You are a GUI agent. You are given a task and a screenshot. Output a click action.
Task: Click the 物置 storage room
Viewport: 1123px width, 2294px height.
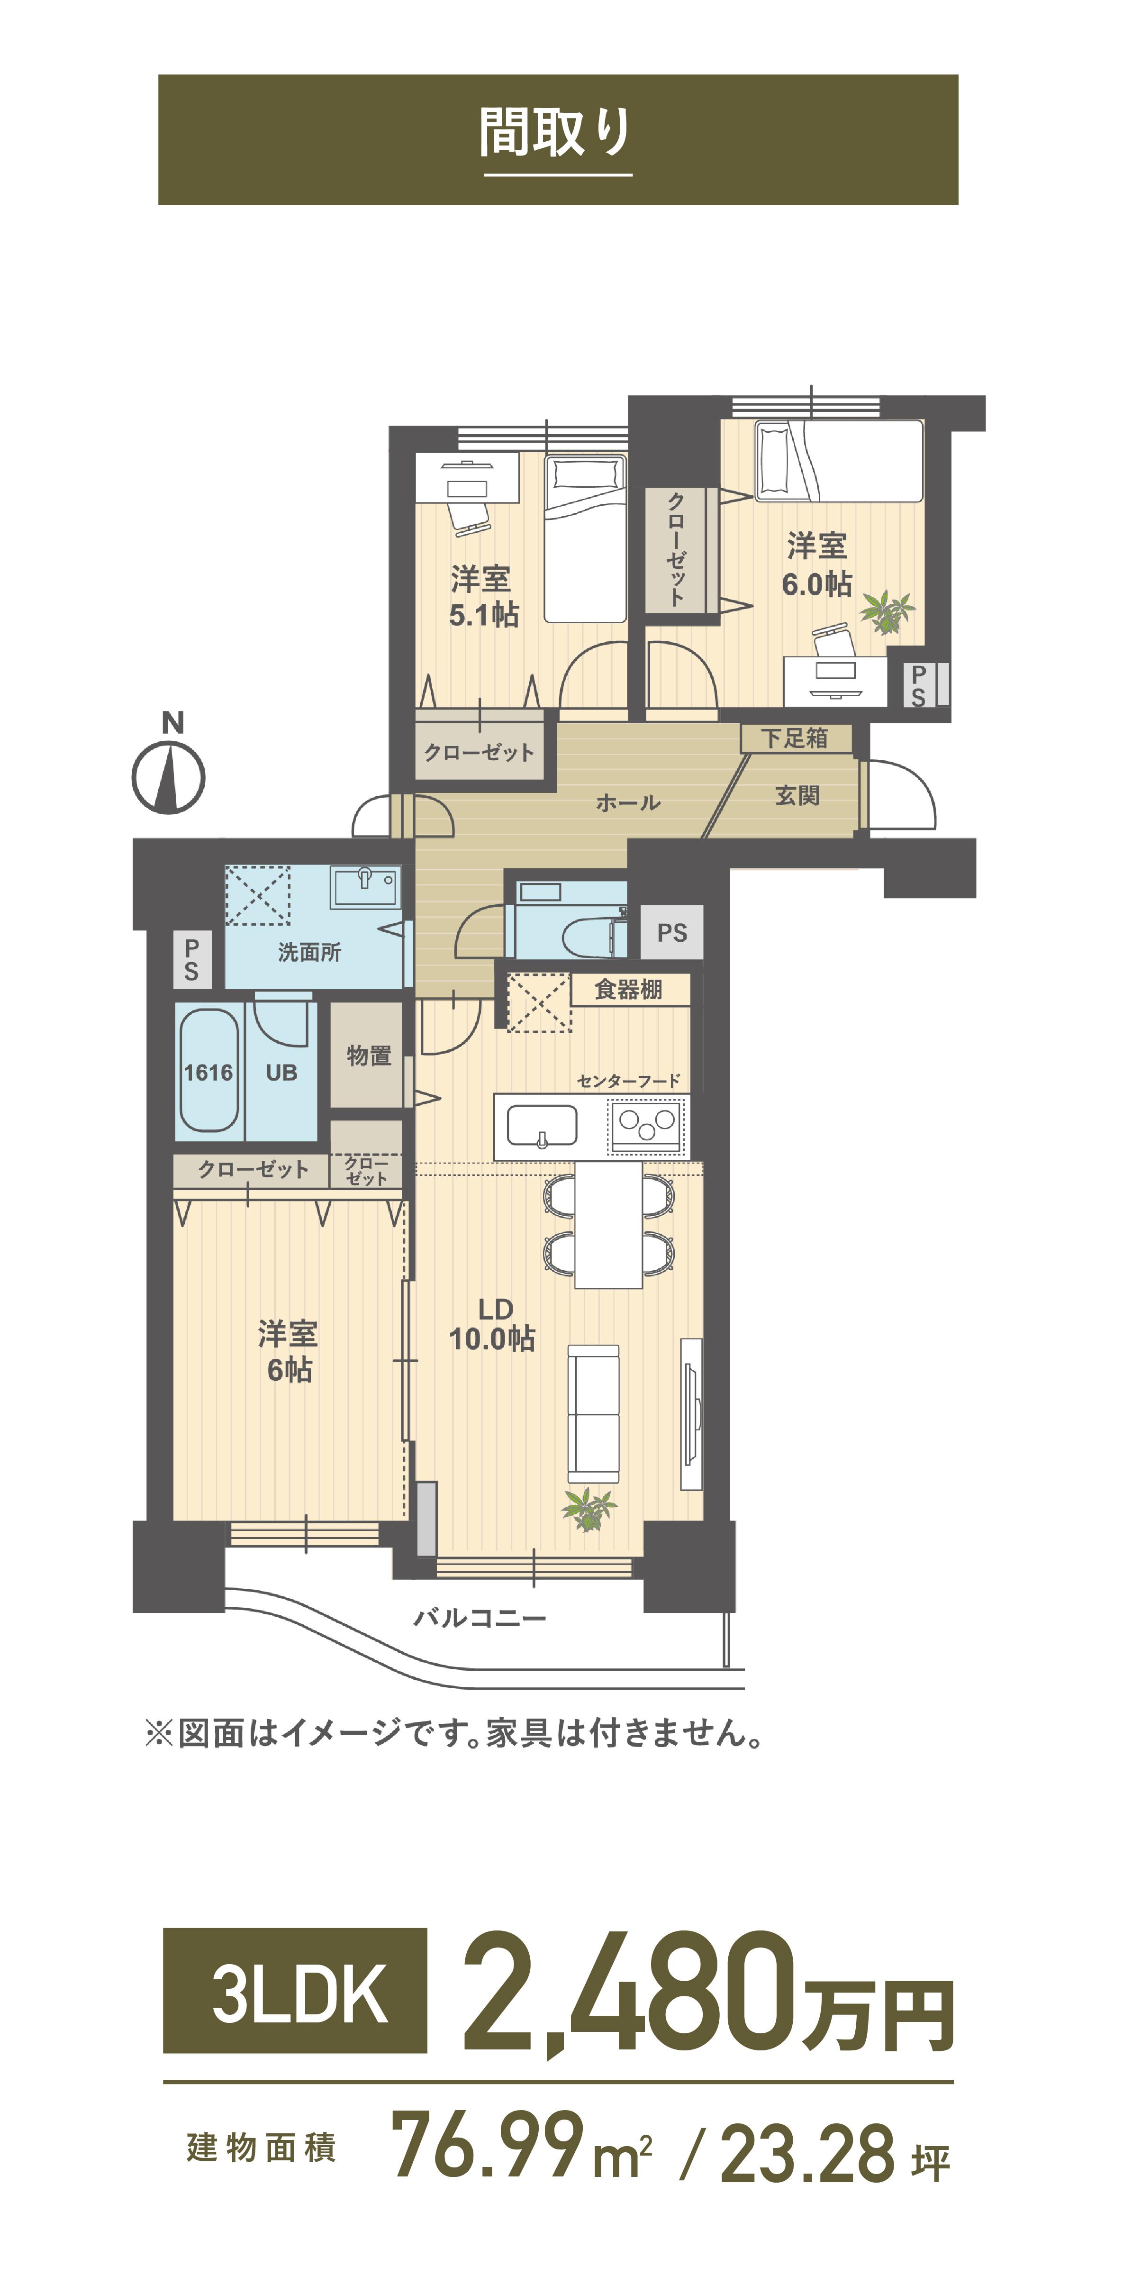pyautogui.click(x=368, y=1055)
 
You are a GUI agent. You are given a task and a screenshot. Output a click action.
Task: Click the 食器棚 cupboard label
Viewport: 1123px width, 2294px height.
pyautogui.click(x=629, y=989)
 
